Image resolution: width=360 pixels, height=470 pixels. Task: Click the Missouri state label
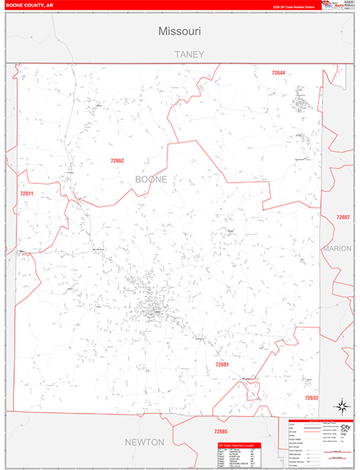click(180, 32)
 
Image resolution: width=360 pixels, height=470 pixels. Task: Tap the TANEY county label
click(189, 54)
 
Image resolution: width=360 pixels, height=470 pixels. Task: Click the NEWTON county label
click(145, 442)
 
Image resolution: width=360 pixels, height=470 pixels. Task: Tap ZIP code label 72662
click(117, 161)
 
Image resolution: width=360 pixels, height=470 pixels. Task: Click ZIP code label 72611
click(27, 193)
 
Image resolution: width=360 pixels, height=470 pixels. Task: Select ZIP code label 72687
click(343, 217)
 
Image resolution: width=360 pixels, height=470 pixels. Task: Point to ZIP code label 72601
click(222, 365)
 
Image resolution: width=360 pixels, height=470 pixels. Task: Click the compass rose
click(341, 405)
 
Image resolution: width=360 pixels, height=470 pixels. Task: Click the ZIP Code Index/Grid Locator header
click(239, 445)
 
